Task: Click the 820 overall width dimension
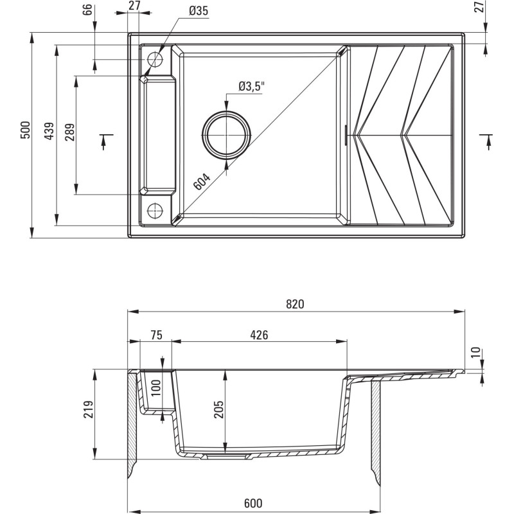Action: (295, 305)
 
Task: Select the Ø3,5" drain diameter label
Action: (251, 86)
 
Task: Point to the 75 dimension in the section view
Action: (155, 335)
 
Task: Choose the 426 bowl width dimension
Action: (259, 335)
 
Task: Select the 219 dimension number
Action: (89, 410)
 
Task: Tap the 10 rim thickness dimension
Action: (475, 352)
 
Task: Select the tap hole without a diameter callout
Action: (155, 211)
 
